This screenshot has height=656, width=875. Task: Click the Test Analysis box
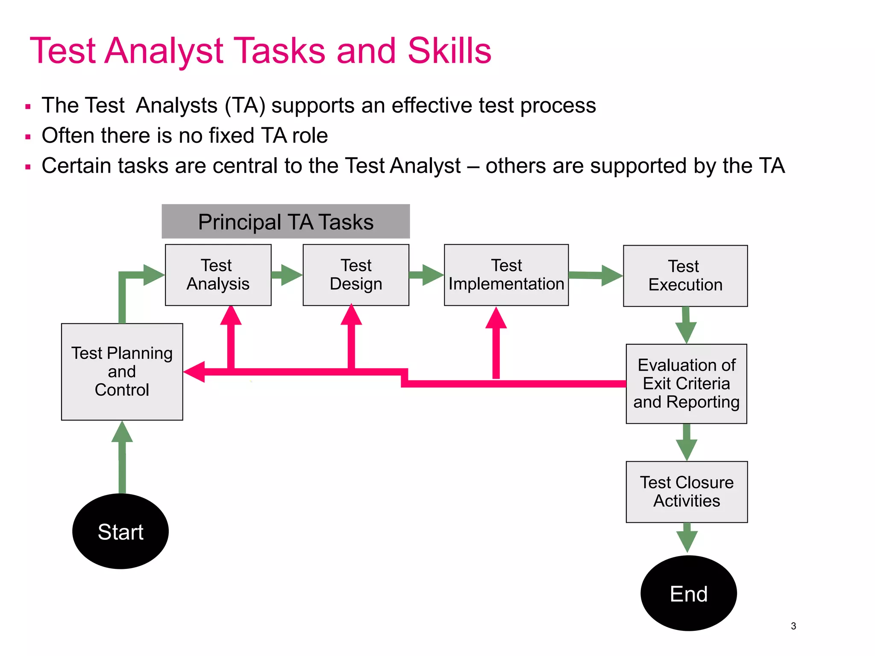(x=218, y=275)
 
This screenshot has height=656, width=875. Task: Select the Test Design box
(x=355, y=275)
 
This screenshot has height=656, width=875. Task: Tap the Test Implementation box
(x=506, y=275)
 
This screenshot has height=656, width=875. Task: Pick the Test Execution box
(x=685, y=275)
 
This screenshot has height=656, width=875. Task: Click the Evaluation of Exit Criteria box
(x=686, y=384)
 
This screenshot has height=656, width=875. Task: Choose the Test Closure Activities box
(x=686, y=492)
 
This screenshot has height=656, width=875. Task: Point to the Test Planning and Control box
(x=122, y=372)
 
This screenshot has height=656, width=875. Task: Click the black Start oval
(x=120, y=531)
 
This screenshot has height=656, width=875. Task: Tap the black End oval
(x=688, y=593)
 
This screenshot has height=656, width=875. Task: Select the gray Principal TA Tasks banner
(x=285, y=221)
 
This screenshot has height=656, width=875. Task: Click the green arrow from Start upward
(x=122, y=457)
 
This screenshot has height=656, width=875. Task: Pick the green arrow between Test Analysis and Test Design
(x=287, y=275)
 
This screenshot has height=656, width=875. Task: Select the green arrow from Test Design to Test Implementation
(x=427, y=275)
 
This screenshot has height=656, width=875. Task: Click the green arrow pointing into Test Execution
(x=596, y=275)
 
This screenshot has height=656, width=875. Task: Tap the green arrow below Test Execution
(x=686, y=325)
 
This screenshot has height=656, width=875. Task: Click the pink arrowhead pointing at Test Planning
(x=194, y=372)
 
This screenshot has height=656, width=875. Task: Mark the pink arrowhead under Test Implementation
(x=496, y=318)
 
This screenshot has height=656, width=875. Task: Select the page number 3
(x=793, y=626)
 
